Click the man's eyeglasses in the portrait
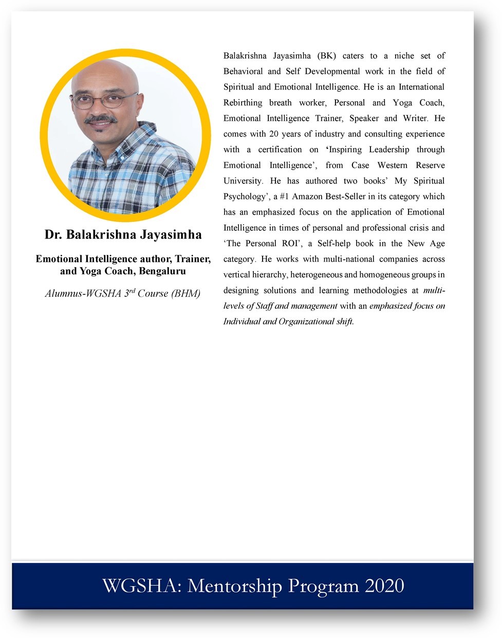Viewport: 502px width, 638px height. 104,99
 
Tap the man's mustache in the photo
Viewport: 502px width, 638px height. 101,119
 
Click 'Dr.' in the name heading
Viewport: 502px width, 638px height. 53,235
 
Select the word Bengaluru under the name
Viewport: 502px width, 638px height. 162,271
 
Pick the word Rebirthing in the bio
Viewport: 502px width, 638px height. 243,102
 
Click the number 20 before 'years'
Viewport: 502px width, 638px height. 274,134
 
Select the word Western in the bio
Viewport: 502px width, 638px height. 392,165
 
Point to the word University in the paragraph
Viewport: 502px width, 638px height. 243,181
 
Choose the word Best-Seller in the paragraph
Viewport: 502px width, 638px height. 345,196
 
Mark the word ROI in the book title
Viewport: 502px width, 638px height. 290,243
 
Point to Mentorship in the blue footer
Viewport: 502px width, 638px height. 235,586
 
